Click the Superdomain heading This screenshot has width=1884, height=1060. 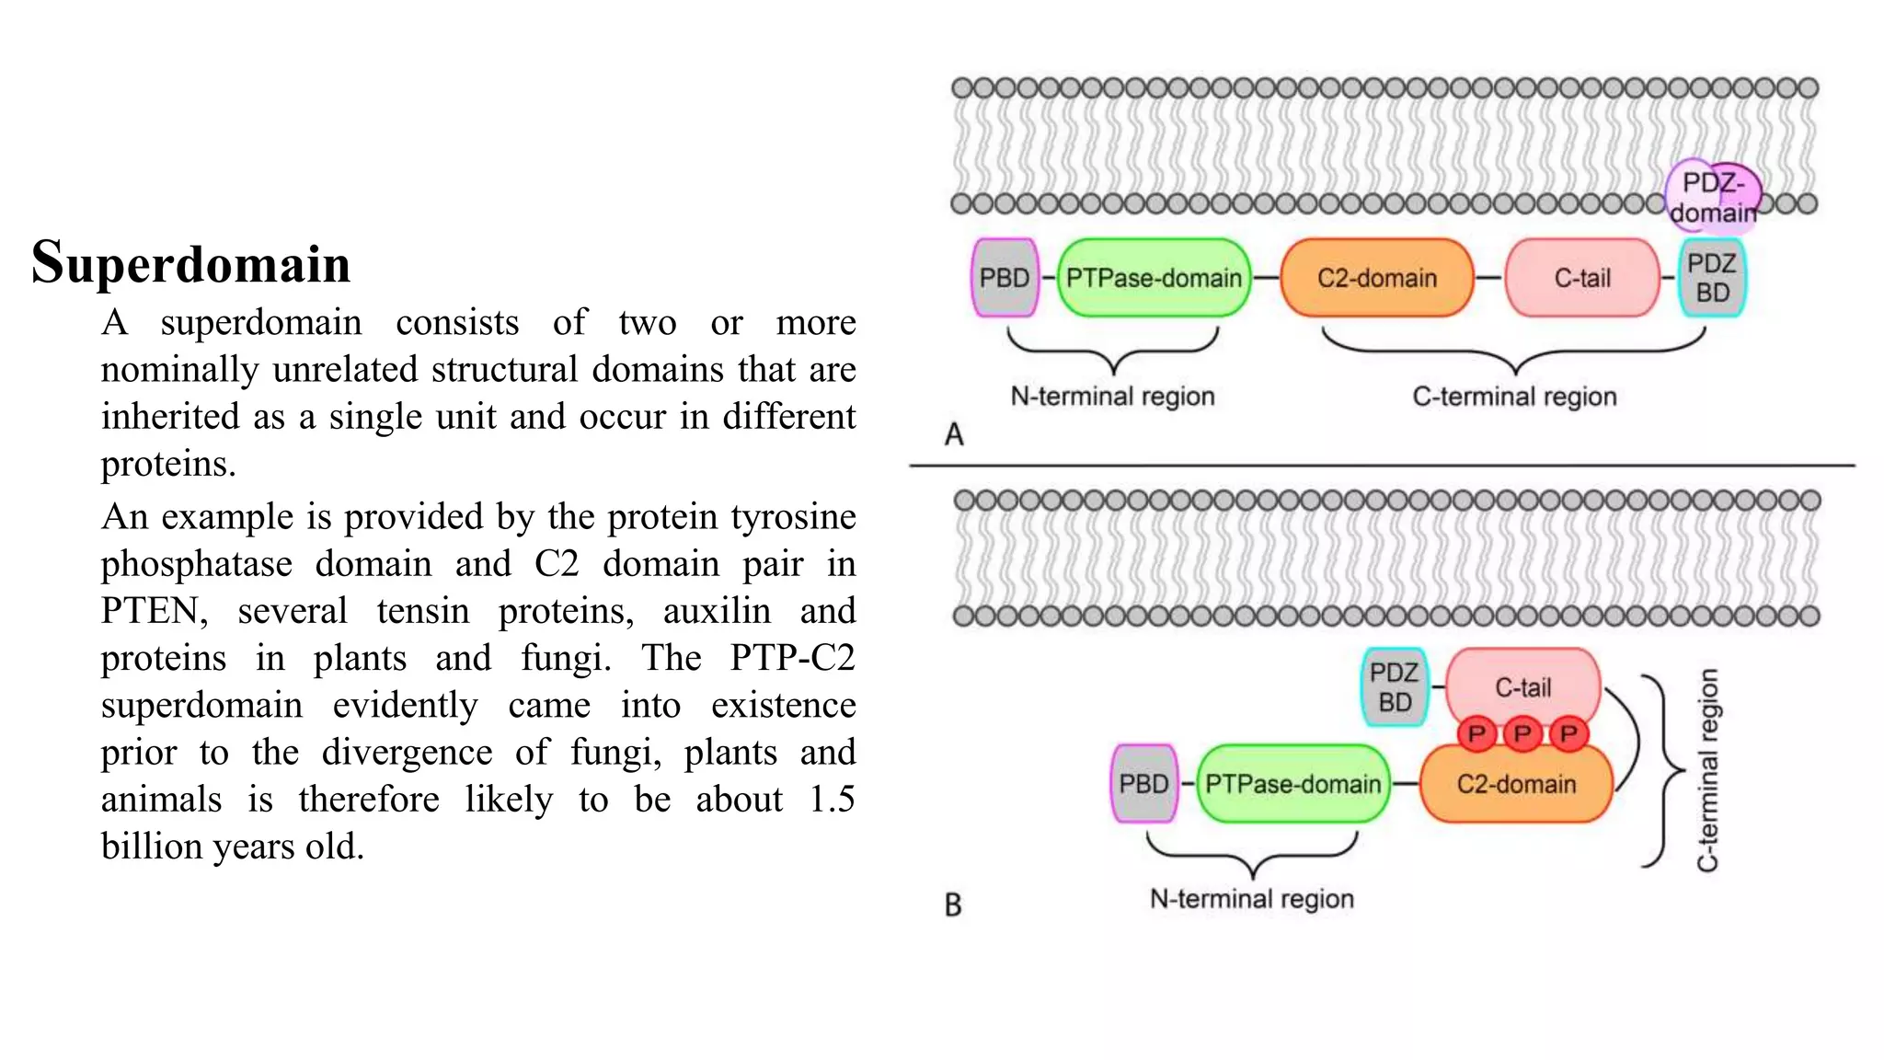click(x=191, y=264)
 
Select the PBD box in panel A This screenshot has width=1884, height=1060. click(x=1005, y=278)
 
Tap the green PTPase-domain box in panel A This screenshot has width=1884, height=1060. click(x=1154, y=278)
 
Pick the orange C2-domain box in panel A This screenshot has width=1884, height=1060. click(x=1376, y=278)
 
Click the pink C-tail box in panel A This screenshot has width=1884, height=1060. click(x=1582, y=278)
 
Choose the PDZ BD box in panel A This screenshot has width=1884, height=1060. click(x=1712, y=278)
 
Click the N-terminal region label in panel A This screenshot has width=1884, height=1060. click(x=1112, y=397)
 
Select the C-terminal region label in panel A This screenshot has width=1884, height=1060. click(x=1514, y=397)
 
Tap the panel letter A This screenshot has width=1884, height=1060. click(x=954, y=434)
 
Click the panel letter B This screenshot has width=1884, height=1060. click(x=953, y=905)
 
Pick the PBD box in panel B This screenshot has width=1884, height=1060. click(x=1143, y=784)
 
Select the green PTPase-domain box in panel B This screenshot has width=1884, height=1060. click(x=1292, y=784)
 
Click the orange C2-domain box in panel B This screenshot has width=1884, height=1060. click(x=1516, y=785)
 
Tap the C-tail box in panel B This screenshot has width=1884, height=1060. click(x=1523, y=686)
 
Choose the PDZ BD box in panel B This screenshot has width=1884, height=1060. click(x=1395, y=687)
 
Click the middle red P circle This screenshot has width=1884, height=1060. click(x=1522, y=733)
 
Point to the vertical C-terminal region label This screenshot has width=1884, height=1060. click(x=1708, y=769)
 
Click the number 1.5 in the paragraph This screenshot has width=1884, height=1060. click(x=832, y=799)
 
